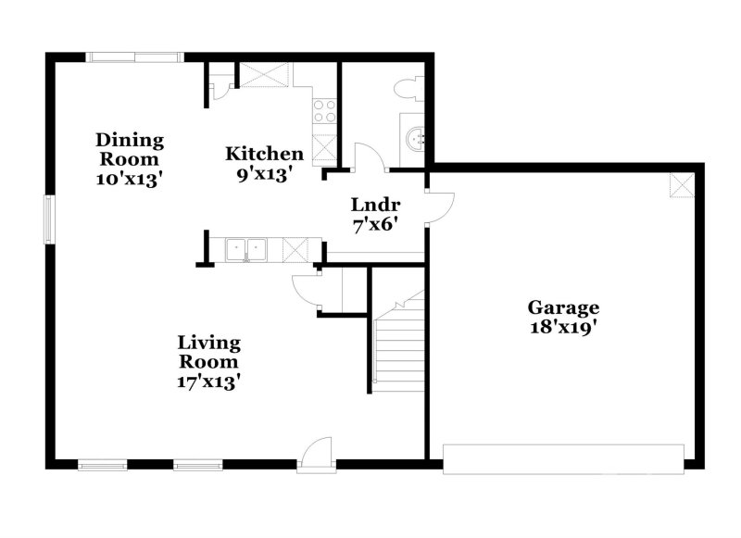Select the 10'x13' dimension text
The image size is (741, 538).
[130, 180]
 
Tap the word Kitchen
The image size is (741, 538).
[265, 154]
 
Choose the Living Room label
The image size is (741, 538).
[209, 352]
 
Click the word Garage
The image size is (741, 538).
[563, 307]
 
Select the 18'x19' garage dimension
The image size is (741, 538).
[563, 328]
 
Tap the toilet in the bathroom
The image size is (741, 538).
[407, 89]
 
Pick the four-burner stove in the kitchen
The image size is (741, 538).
[324, 111]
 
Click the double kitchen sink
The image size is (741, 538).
[246, 248]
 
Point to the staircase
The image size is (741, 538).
[399, 343]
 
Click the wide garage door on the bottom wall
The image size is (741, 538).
[563, 458]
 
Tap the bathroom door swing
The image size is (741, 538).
[369, 157]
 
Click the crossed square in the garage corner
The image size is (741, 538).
[682, 186]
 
